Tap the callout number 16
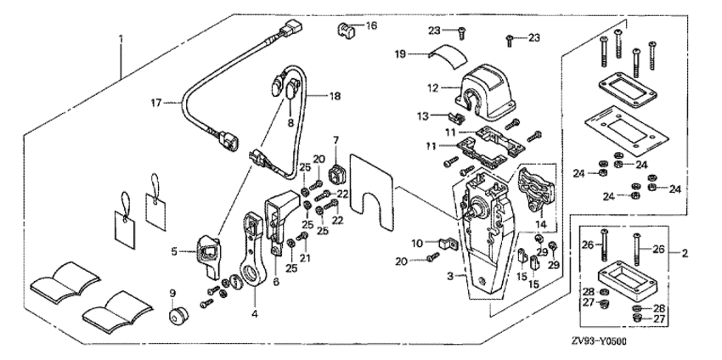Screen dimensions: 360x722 370,26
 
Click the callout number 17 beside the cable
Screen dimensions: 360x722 155,104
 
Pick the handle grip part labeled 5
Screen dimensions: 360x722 208,255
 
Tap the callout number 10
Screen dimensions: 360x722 418,243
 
